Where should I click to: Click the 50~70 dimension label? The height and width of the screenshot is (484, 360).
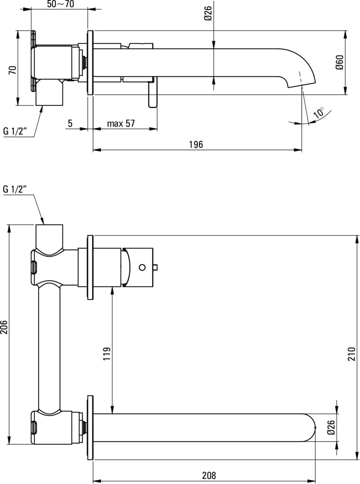(60, 4)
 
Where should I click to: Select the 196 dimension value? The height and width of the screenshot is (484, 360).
(196, 144)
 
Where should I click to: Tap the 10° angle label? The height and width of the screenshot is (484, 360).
(319, 113)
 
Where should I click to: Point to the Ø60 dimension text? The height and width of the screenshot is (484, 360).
(339, 63)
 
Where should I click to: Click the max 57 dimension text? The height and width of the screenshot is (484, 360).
(121, 124)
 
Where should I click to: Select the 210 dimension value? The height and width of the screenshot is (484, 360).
(352, 354)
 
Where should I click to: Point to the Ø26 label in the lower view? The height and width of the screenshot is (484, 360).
(331, 428)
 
